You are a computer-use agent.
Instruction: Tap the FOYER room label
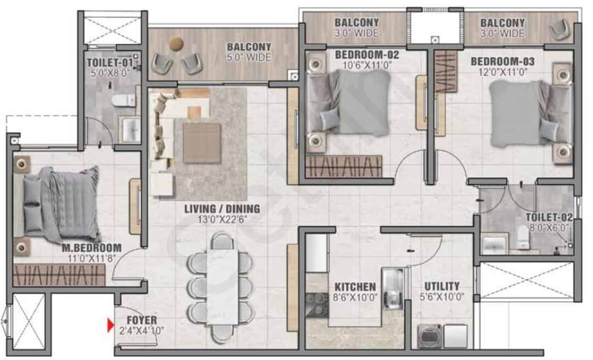click(142, 320)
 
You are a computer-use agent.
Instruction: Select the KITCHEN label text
click(355, 287)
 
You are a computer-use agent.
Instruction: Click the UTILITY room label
click(441, 286)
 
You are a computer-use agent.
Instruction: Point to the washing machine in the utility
click(429, 336)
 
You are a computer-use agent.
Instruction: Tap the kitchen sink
click(392, 288)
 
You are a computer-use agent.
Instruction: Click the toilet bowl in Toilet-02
click(523, 237)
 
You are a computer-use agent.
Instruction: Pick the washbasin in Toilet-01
click(131, 130)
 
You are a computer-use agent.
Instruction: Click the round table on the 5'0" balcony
click(176, 44)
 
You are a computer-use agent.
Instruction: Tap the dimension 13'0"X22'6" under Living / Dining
click(222, 220)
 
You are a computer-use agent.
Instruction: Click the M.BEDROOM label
click(92, 248)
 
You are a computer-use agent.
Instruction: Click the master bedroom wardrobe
click(59, 275)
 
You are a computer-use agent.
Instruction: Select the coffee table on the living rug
click(202, 143)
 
